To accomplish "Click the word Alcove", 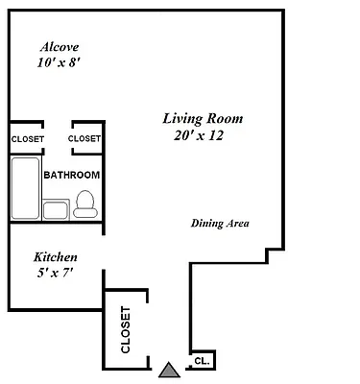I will tap(58, 46).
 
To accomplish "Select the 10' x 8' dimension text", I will tap(57, 63).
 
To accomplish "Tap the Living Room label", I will tap(202, 119).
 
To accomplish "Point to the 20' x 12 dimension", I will tap(198, 136).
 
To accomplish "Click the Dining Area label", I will tap(220, 224).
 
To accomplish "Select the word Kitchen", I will tap(56, 257).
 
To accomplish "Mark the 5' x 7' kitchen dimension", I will tap(55, 275).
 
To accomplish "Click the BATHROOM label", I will tap(72, 175).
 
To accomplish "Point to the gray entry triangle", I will tap(170, 368).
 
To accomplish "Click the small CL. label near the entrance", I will tap(202, 361).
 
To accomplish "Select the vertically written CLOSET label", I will tap(125, 329).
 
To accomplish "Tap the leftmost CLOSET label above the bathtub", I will tap(27, 139).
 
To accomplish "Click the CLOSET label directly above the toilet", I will tap(84, 139).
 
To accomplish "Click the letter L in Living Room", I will tap(165, 119).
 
